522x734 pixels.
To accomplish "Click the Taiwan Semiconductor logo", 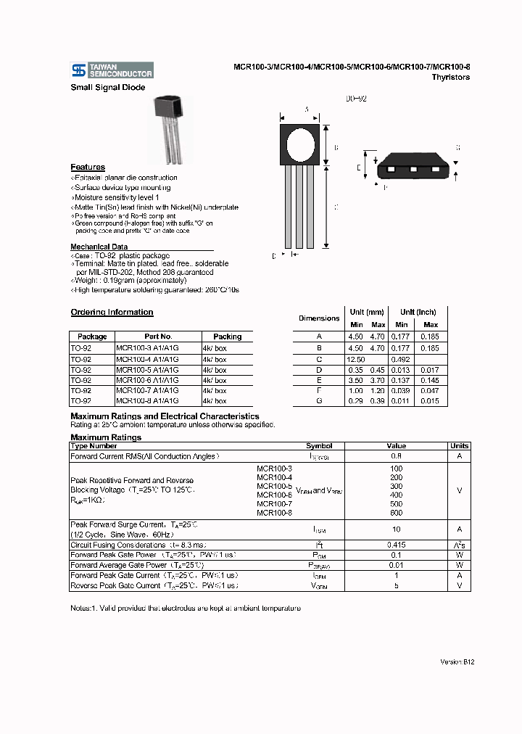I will tap(112, 70).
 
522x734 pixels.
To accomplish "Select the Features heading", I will tap(88, 168).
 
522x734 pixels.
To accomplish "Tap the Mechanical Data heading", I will tap(99, 247).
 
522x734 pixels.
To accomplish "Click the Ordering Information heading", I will tap(112, 313).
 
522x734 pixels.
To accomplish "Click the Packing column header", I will tap(227, 337).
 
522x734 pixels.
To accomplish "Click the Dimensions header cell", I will tap(319, 318).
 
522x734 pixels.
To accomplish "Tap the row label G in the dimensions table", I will tap(319, 401).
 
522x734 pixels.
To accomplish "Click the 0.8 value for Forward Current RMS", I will tap(396, 456).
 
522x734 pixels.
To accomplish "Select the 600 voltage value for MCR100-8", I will tap(396, 513).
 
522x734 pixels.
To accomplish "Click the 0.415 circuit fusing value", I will tap(396, 545).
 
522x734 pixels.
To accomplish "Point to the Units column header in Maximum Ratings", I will tap(459, 446).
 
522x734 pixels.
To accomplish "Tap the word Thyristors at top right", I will tap(450, 77).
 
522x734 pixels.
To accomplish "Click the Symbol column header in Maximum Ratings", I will tap(319, 446).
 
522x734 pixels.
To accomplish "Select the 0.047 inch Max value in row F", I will tap(431, 390).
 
